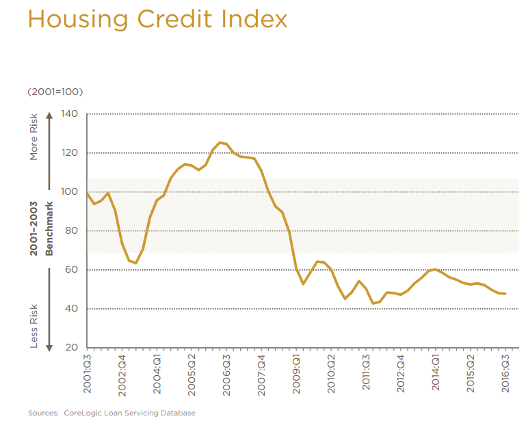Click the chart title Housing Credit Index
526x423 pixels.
coord(157,18)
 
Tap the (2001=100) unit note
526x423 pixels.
coord(55,92)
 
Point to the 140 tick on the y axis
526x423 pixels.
coord(70,113)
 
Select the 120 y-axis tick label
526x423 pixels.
coord(70,152)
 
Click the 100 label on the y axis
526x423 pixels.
coord(70,191)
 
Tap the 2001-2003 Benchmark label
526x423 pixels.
coord(40,228)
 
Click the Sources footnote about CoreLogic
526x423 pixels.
coord(111,413)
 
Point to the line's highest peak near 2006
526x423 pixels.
coord(220,142)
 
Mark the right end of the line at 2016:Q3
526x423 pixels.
coord(505,294)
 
